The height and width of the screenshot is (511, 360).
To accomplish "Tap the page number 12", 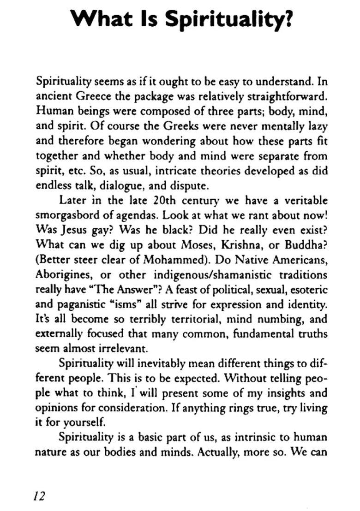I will tap(39, 496).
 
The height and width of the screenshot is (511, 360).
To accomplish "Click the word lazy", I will tap(318, 127).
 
